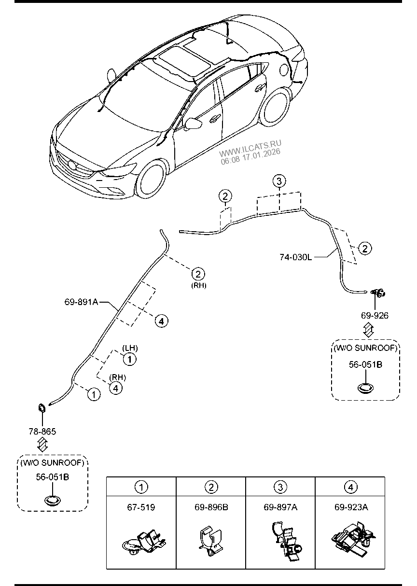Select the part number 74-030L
[x=295, y=257]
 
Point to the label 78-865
[x=42, y=431]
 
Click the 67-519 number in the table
[x=141, y=508]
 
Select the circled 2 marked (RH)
[x=198, y=274]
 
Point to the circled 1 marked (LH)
[x=129, y=358]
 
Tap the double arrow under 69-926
[x=368, y=331]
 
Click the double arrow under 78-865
[x=42, y=445]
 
